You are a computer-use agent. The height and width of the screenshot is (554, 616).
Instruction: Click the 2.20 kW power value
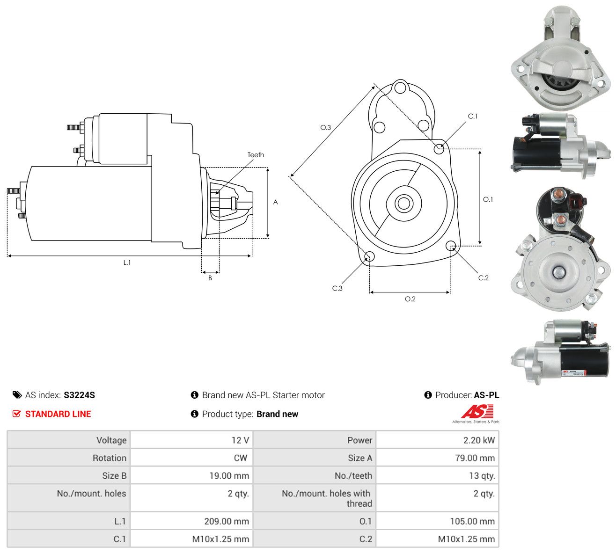point(479,440)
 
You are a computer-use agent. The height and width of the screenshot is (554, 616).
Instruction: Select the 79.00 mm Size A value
point(475,458)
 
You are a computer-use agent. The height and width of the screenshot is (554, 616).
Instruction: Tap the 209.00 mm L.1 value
point(227,521)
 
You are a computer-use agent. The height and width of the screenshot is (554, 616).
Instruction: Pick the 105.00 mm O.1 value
point(472,521)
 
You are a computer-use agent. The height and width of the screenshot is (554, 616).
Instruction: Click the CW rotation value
point(241,458)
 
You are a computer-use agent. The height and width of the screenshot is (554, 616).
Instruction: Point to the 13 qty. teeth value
point(482,476)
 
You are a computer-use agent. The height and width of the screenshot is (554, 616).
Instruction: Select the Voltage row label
point(111,440)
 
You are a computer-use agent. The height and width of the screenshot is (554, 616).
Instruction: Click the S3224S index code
point(79,395)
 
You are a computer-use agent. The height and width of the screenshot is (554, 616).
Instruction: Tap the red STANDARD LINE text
point(58,414)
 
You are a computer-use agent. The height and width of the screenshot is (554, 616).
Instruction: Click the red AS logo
point(477,411)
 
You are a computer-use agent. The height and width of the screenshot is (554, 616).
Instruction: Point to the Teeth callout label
point(256,155)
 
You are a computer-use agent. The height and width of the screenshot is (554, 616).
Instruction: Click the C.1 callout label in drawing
point(473,117)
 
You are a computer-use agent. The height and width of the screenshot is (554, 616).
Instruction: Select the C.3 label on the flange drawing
point(337,288)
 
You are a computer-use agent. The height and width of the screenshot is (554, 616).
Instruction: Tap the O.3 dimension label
point(325,127)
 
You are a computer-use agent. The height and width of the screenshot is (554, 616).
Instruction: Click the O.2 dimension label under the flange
point(410,299)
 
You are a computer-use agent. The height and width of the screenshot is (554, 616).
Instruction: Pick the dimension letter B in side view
point(210,278)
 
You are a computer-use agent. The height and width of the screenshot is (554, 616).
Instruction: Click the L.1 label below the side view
point(127,263)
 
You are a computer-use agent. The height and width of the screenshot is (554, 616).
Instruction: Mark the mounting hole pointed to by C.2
point(451,246)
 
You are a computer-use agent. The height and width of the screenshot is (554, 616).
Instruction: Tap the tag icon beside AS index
point(17,395)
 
